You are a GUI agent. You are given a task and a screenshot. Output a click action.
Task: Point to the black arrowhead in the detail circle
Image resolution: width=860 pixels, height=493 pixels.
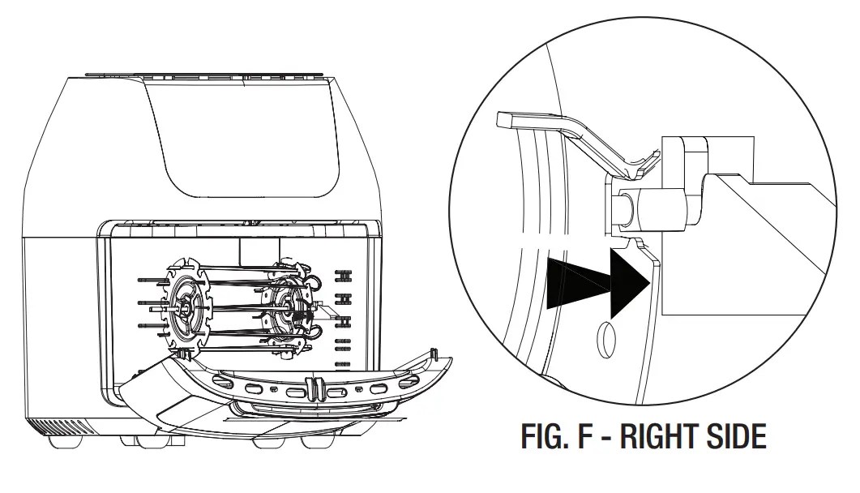pyautogui.click(x=628, y=283)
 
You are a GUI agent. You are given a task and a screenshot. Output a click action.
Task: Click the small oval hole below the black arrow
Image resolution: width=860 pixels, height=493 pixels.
pyautogui.click(x=605, y=340)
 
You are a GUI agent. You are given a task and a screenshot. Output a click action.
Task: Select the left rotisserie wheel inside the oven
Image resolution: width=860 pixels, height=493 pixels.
pyautogui.click(x=187, y=305)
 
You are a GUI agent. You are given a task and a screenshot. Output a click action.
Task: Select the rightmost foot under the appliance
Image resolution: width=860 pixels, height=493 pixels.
pyautogui.click(x=317, y=444)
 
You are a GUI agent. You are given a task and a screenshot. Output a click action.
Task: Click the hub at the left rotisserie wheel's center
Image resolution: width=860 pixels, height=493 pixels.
pyautogui.click(x=186, y=307)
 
